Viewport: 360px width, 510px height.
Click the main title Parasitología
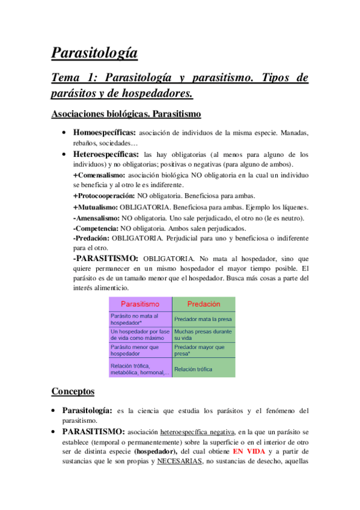94,54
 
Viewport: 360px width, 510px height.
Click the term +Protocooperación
104,196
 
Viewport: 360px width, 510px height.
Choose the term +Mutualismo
95,207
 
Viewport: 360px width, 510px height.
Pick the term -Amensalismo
96,218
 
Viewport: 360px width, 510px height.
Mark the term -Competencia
96,229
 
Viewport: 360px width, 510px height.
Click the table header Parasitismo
140,304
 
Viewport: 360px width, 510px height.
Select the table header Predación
204,304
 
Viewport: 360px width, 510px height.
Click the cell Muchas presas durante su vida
203,334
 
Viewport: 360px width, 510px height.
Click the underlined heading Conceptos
73,392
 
